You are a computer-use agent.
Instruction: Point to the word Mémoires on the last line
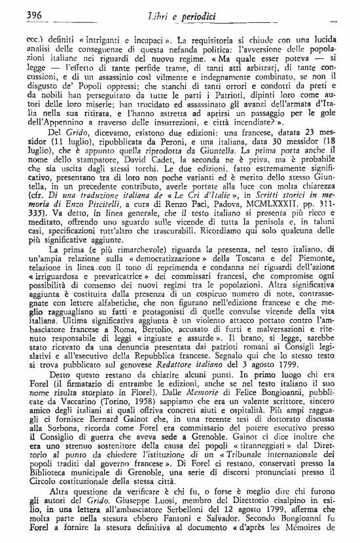point(321,532)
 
